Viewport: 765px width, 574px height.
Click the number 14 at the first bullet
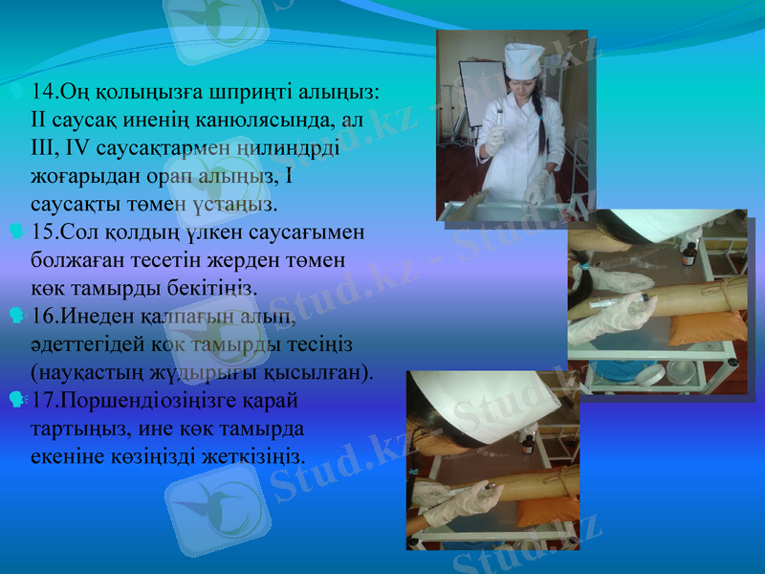tap(41, 93)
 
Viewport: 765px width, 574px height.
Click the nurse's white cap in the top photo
tap(523, 60)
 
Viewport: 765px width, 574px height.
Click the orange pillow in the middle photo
tap(707, 326)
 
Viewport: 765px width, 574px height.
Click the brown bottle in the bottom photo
tap(527, 444)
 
